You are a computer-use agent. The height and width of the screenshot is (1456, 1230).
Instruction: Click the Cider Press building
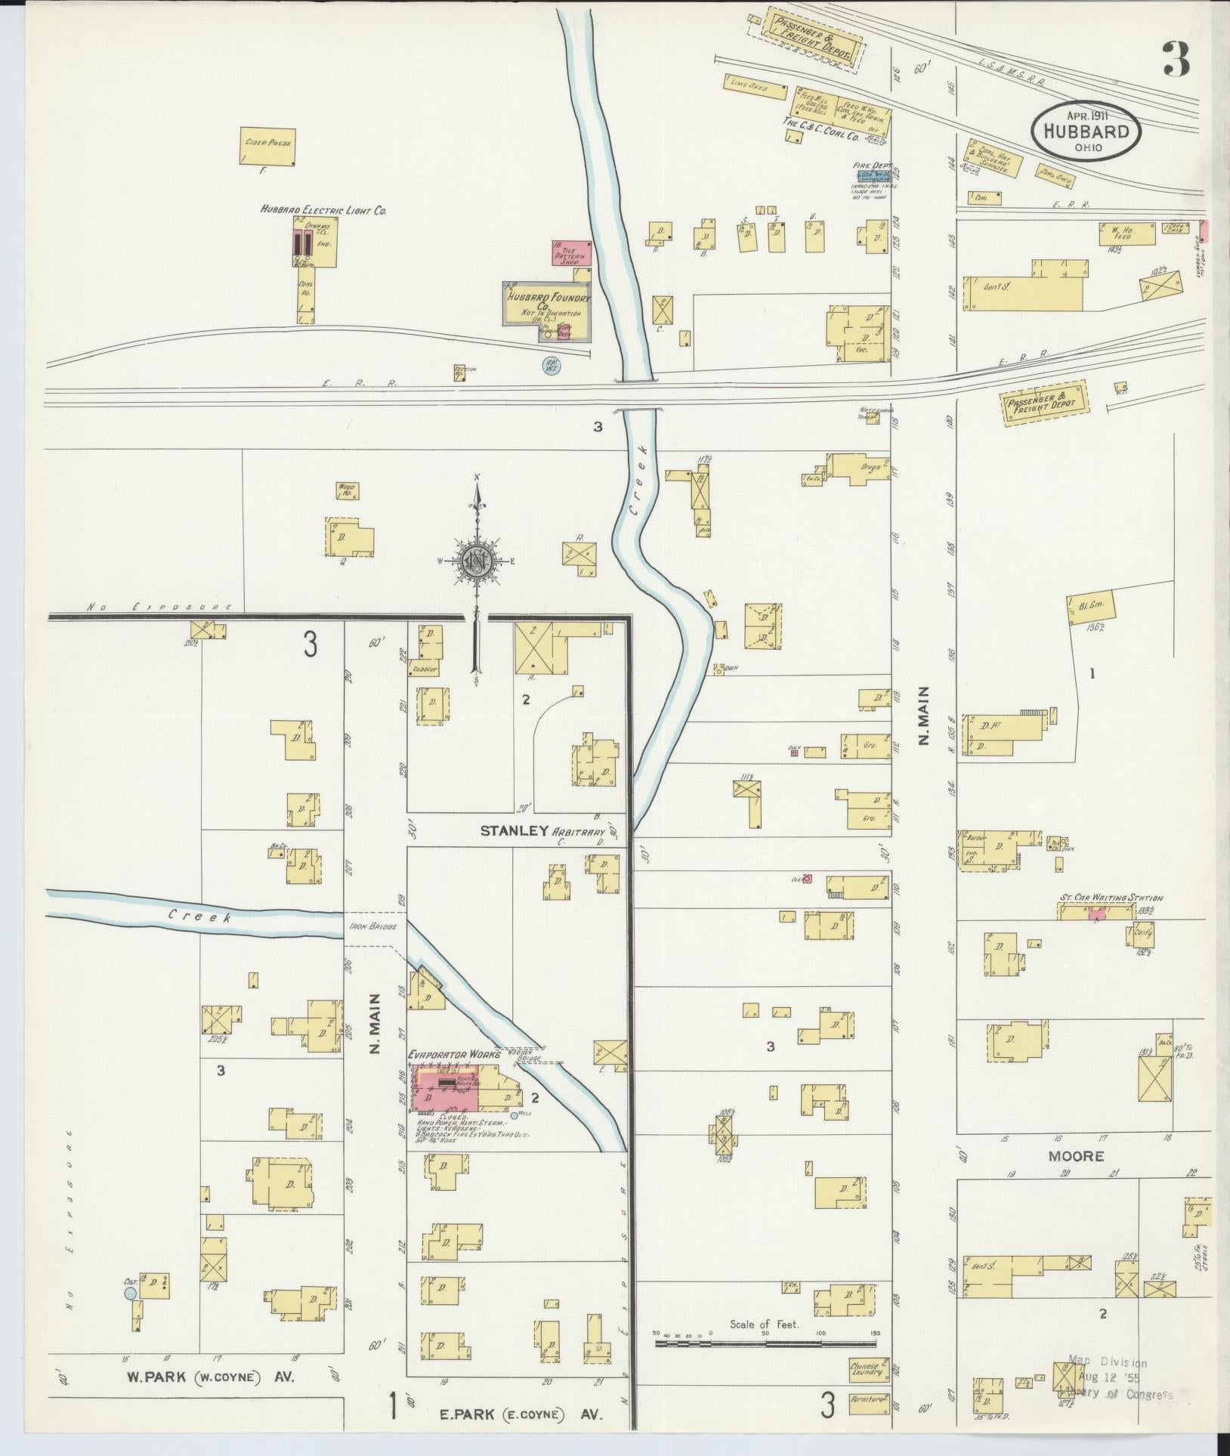point(267,147)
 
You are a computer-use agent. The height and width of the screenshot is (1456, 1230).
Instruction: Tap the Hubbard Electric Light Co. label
point(323,211)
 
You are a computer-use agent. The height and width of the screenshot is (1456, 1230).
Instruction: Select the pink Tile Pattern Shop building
point(571,253)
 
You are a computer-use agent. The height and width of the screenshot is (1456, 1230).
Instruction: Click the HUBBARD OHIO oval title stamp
point(1086,131)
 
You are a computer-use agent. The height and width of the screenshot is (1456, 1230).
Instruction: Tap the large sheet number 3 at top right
point(1177,60)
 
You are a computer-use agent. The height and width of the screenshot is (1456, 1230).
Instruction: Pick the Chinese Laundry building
point(865,1370)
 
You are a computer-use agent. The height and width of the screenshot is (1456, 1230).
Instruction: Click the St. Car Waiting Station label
point(1110,898)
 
